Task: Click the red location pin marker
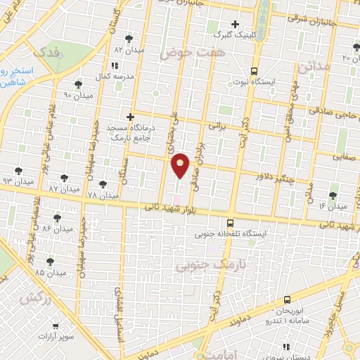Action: (x=181, y=165)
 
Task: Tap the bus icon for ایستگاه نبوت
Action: (x=255, y=71)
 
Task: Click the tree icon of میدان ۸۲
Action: (x=129, y=39)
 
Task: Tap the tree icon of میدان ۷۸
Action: (x=103, y=184)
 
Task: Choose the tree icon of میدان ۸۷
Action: (x=65, y=179)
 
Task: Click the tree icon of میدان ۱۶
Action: (x=333, y=195)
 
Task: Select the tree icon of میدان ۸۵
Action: (x=51, y=259)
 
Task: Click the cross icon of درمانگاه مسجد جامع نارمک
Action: (x=130, y=117)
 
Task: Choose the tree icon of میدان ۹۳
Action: (x=18, y=171)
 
